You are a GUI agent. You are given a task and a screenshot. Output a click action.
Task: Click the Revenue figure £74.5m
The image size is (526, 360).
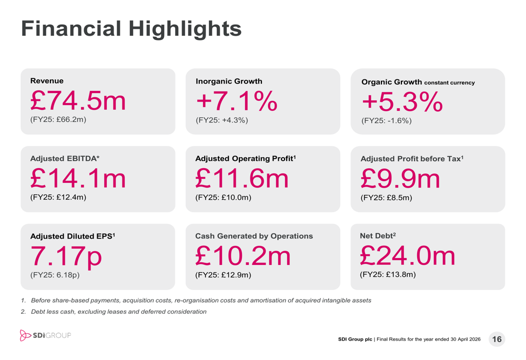pos(78,100)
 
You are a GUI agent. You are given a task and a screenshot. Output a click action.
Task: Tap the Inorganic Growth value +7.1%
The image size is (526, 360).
pos(237,101)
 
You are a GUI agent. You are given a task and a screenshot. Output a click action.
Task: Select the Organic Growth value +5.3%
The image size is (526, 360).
pos(402,102)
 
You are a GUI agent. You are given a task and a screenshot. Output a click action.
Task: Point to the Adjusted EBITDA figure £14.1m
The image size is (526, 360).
pos(78,178)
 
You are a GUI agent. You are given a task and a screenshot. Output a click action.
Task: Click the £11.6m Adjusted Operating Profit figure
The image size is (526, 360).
pos(242,179)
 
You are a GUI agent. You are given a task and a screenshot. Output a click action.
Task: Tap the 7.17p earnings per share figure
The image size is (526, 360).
pos(66,256)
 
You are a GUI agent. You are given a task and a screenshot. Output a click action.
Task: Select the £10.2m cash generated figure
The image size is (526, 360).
pos(243,256)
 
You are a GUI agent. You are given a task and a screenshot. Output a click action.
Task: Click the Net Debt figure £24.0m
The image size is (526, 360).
pos(408,256)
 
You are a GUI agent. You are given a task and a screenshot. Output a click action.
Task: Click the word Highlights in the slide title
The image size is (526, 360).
pos(185,28)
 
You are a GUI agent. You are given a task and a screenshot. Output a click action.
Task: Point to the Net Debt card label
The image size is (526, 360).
pos(378,235)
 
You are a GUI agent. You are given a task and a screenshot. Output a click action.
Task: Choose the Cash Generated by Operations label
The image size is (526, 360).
pos(254,236)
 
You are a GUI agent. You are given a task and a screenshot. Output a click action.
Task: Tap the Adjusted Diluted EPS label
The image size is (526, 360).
pos(73,236)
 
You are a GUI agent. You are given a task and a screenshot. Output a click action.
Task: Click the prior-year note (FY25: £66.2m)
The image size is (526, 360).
pos(58,120)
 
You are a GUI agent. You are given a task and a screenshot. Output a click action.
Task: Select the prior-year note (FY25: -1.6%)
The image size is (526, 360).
pos(387,121)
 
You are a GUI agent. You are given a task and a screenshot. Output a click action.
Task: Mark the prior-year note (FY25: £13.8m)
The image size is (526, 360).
pos(388,274)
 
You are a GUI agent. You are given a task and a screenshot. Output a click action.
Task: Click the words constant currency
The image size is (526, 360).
pos(450,83)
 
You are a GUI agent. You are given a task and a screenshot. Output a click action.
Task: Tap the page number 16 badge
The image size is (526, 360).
pos(497,339)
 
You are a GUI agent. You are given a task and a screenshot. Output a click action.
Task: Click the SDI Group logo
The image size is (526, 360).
pos(45,335)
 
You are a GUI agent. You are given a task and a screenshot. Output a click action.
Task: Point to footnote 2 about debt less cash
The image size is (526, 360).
pos(114,312)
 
